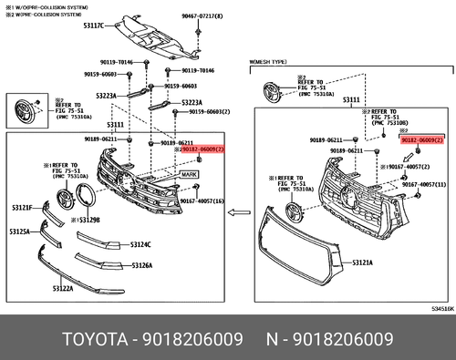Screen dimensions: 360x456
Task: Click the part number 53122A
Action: (63, 288)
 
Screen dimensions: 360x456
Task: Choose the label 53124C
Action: (140, 244)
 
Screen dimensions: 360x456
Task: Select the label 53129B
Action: (88, 220)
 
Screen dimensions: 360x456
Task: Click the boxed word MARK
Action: (189, 173)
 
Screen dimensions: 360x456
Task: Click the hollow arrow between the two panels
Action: (239, 213)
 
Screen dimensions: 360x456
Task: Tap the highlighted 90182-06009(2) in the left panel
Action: (202, 147)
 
